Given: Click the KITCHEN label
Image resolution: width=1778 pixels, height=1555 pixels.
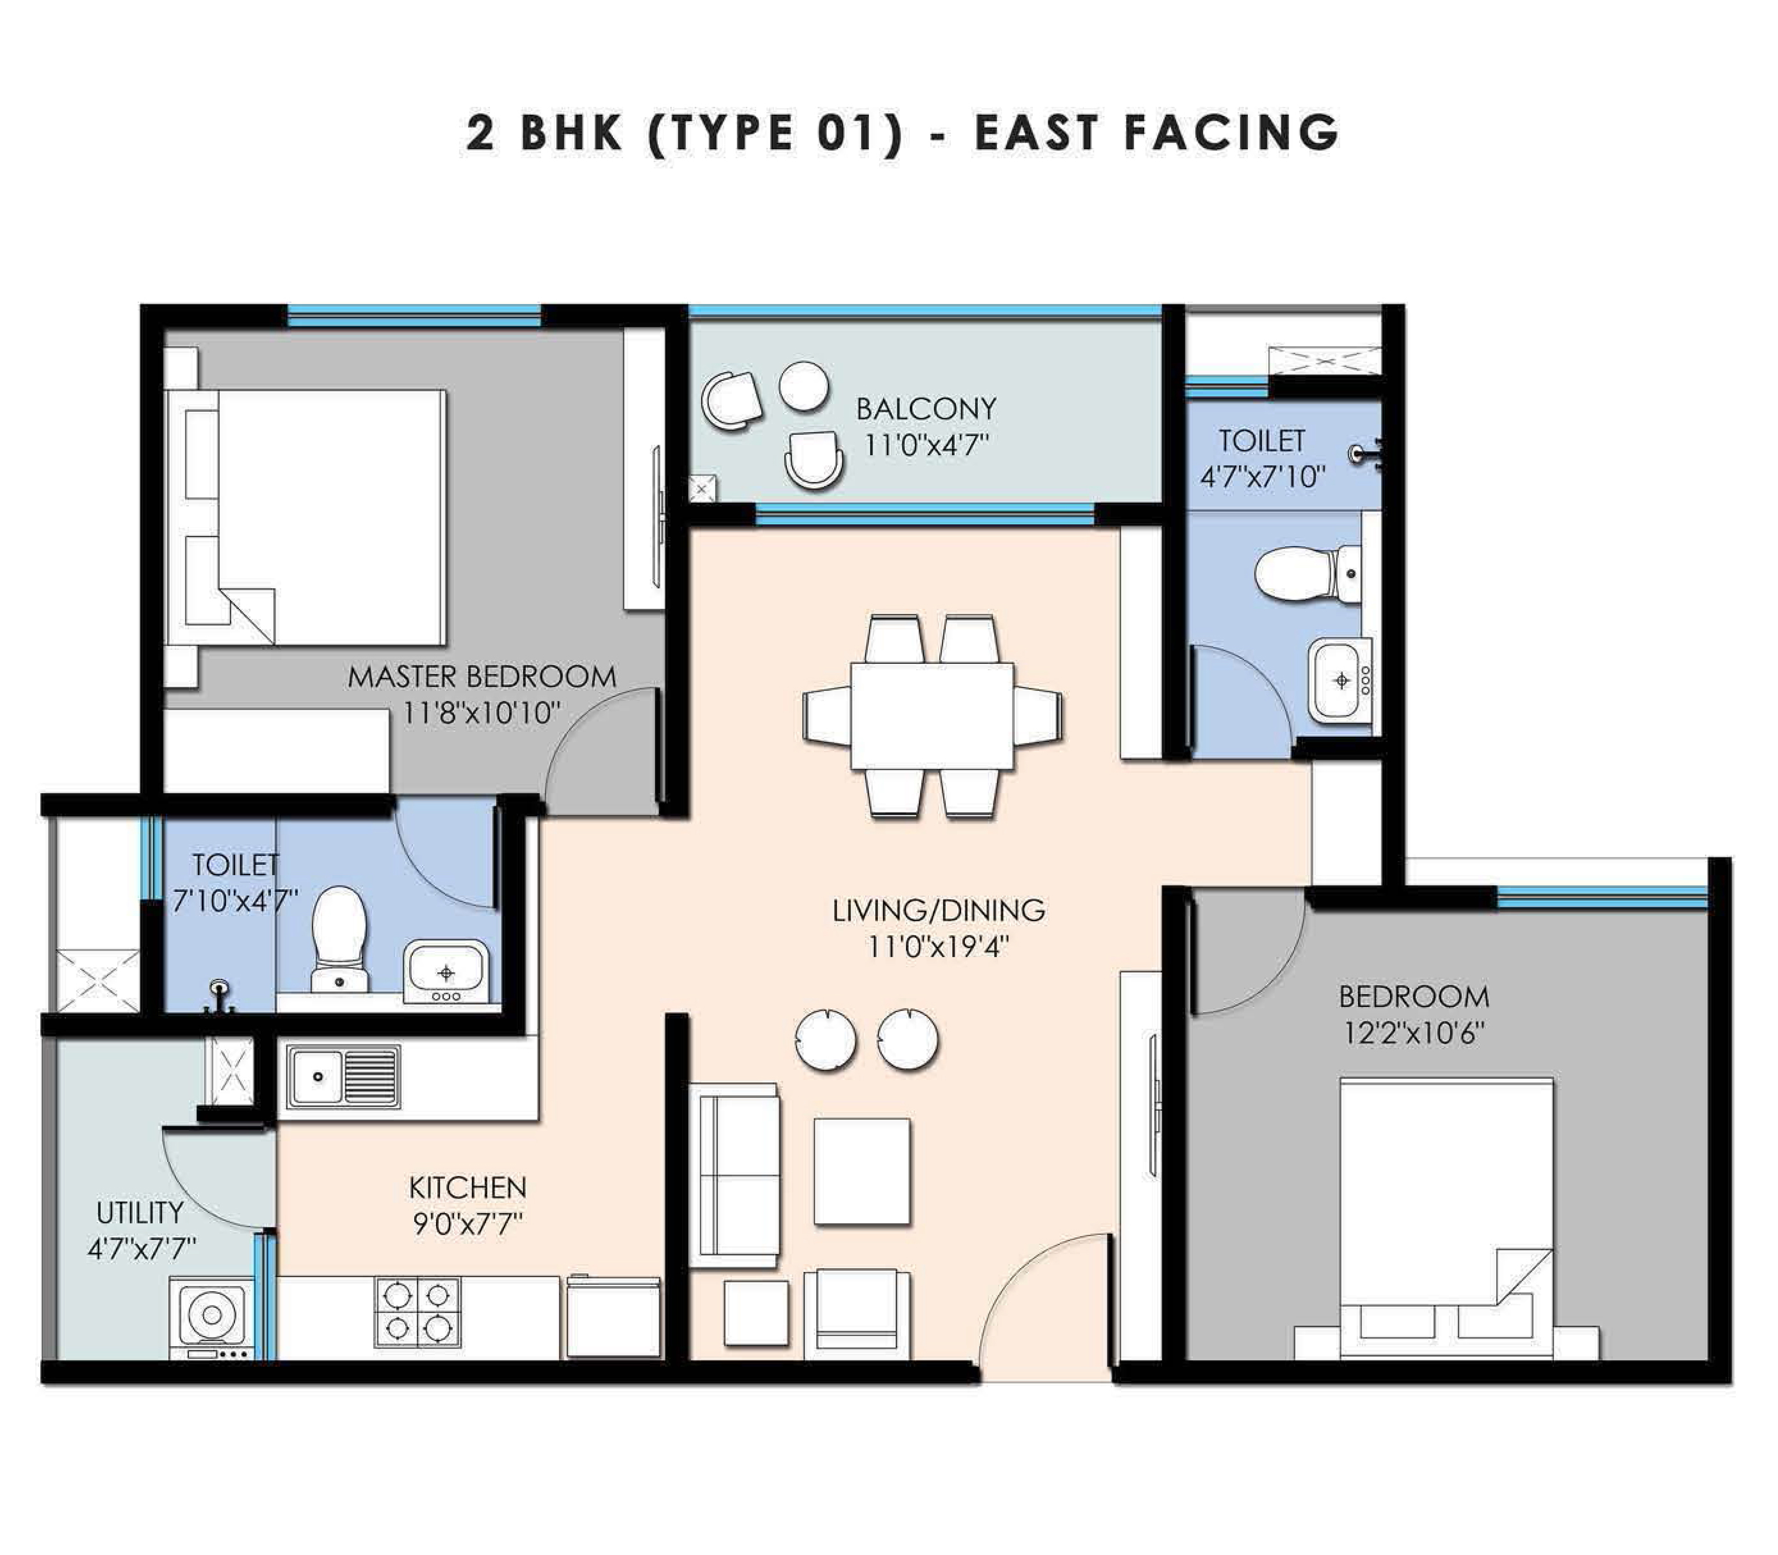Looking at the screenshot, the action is (468, 1187).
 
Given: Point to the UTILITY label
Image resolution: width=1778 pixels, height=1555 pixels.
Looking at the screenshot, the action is (140, 1212).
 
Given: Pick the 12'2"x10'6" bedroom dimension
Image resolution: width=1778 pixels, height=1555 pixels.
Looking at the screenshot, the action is (1414, 1034).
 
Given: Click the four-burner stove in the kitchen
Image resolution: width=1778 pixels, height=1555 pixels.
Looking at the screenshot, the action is (418, 1311).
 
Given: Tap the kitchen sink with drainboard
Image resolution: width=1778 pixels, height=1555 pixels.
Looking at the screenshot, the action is (344, 1076).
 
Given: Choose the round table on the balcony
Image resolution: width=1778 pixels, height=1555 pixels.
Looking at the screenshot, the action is (804, 386).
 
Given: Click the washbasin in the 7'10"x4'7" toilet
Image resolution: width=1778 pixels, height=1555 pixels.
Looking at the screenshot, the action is (446, 971).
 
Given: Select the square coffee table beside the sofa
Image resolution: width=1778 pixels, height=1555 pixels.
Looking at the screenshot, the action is (862, 1171).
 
